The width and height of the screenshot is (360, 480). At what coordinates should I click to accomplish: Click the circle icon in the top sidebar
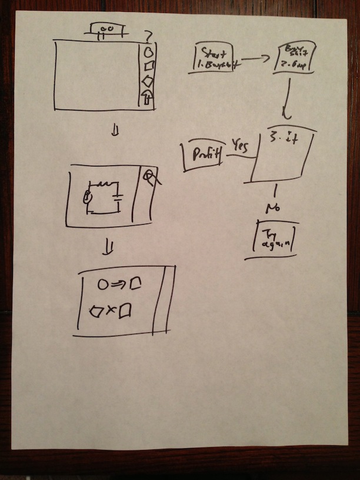click(148, 51)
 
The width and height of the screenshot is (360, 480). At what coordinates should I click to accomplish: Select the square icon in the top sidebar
click(149, 66)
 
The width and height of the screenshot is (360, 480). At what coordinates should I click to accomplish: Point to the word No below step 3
click(272, 208)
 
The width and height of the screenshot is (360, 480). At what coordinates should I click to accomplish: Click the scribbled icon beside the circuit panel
click(151, 178)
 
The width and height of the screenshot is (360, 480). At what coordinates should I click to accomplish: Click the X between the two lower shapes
click(111, 310)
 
